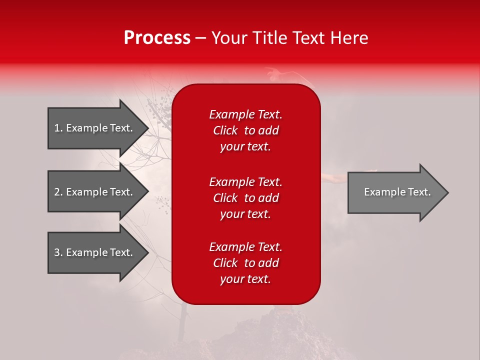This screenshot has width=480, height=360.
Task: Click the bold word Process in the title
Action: click(x=157, y=38)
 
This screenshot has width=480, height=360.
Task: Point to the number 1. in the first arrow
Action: click(x=58, y=128)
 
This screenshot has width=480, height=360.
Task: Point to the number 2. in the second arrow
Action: click(x=58, y=192)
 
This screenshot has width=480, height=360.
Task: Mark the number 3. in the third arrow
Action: click(x=58, y=252)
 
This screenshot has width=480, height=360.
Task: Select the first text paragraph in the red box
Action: click(x=245, y=130)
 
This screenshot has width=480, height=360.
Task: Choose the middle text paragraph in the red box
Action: click(x=245, y=198)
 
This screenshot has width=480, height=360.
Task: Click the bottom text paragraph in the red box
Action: click(x=245, y=263)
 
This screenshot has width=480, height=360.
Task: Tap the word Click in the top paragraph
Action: click(x=225, y=130)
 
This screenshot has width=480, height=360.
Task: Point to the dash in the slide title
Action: click(x=201, y=38)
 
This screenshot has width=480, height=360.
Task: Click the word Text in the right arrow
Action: click(x=418, y=192)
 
